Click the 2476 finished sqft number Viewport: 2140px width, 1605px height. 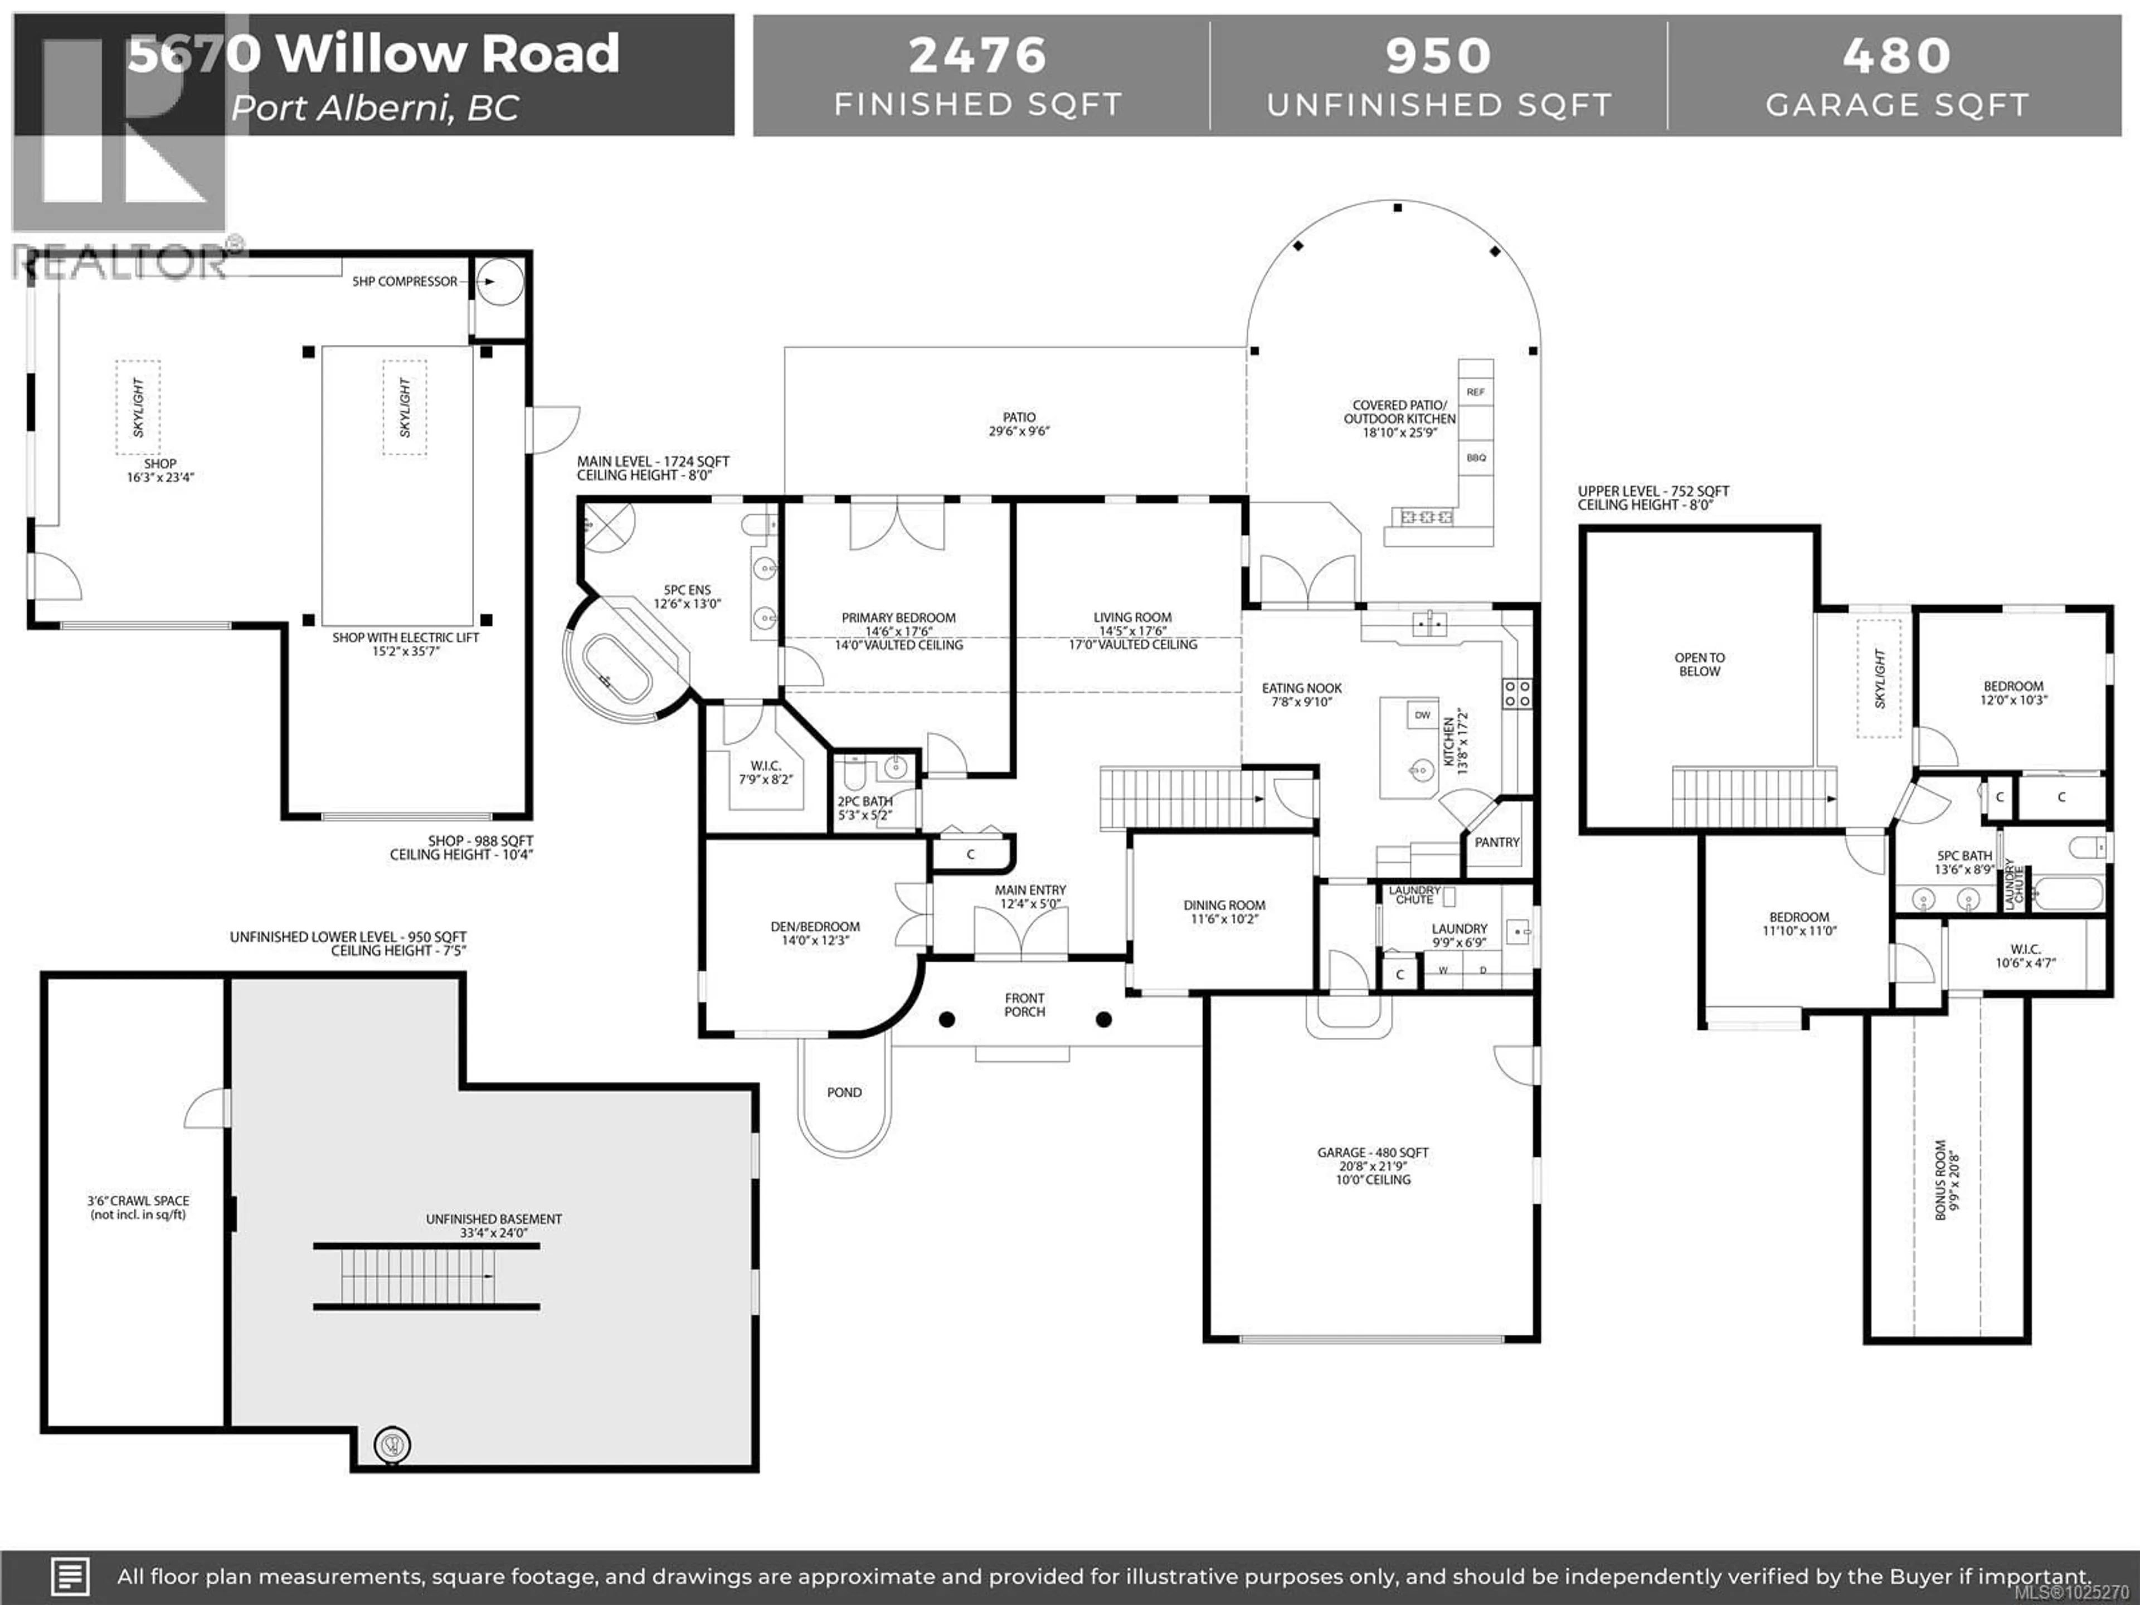click(977, 55)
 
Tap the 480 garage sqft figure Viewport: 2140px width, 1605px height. click(1896, 55)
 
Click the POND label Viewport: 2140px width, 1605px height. click(844, 1092)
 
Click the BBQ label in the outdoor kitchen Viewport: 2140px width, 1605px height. click(1475, 458)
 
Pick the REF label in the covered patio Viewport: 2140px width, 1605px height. click(1475, 392)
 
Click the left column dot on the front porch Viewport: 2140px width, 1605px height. click(947, 1019)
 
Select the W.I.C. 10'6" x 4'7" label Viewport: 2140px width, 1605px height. click(2025, 956)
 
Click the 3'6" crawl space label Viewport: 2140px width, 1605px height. click(138, 1207)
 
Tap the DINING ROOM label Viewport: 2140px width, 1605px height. click(1224, 911)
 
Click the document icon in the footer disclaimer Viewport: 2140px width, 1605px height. click(70, 1576)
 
